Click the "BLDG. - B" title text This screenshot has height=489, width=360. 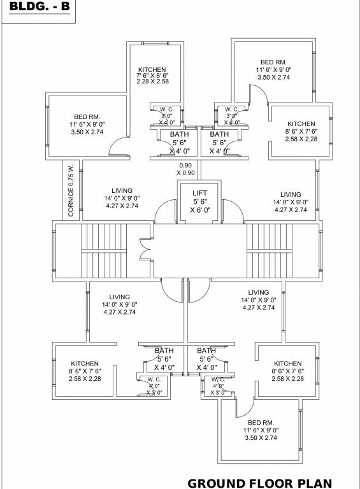[38, 9]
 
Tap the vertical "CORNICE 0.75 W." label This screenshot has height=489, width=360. [71, 190]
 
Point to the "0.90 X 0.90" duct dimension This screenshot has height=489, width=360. [186, 169]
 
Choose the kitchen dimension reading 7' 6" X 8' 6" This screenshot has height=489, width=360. [152, 76]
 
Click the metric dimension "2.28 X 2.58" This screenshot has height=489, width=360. [152, 82]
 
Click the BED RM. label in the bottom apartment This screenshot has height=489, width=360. [261, 423]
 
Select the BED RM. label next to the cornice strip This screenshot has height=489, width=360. [88, 117]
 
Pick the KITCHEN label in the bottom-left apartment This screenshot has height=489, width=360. [84, 363]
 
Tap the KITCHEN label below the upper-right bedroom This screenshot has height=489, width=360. [301, 124]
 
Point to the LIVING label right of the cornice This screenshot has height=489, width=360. [122, 190]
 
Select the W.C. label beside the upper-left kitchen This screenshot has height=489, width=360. [167, 110]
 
